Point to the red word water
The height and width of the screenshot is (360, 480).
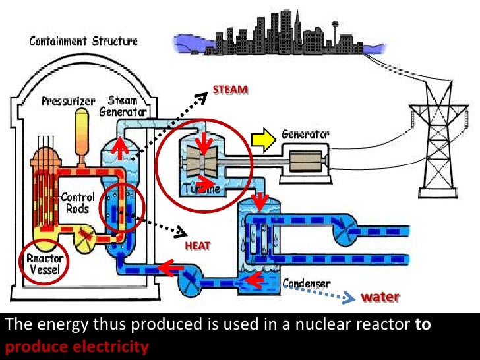point(380,297)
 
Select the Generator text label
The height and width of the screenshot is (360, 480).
point(305,134)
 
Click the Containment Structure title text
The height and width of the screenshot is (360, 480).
point(84,41)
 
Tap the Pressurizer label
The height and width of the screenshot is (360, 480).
point(69,102)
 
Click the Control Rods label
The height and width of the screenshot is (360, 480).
point(78,202)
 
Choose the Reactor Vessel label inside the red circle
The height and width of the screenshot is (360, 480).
point(45,264)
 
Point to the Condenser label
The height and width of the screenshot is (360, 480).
point(306,284)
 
